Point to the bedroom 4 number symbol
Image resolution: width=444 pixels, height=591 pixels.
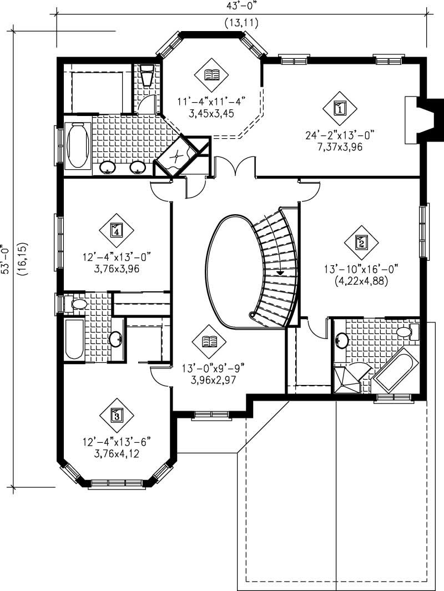117,229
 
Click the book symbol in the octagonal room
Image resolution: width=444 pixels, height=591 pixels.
212,74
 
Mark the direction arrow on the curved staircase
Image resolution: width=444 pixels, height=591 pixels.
280,272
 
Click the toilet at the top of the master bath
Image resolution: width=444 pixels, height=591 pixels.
147,76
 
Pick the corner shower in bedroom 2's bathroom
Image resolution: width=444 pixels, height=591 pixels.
346,378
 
